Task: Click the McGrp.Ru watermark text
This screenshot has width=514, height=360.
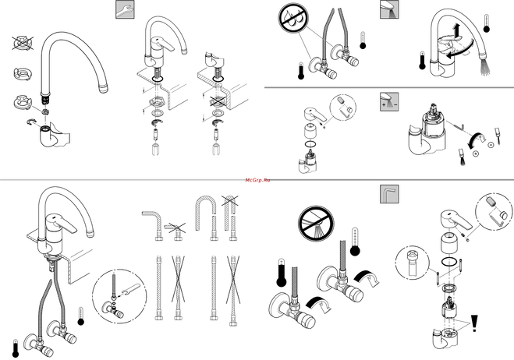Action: [257, 178]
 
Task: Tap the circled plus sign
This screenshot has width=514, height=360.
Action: [476, 154]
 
